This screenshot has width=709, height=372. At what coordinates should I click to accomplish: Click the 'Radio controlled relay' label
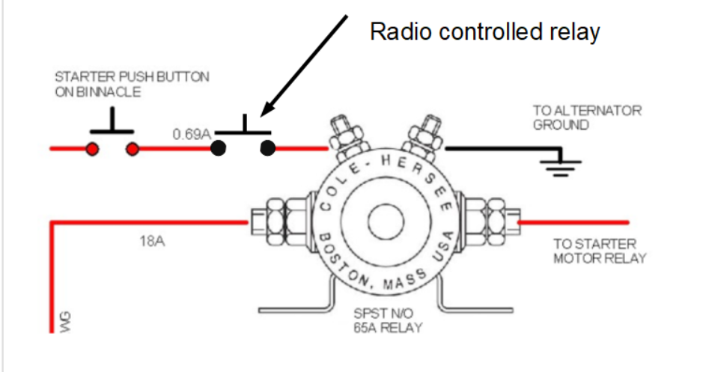pos(484,32)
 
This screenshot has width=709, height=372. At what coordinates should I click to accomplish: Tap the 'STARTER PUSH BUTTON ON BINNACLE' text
pos(132,84)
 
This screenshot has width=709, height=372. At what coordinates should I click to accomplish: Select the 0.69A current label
pos(192,134)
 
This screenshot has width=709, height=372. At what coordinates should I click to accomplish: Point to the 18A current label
pos(153,241)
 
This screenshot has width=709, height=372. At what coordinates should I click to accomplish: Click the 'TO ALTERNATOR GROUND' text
pos(587,118)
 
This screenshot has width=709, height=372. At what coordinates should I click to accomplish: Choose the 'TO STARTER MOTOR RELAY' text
pos(600,251)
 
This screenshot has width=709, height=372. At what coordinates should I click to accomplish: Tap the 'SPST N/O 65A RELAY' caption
pos(388,320)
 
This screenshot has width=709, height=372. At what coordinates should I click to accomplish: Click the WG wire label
pos(66,321)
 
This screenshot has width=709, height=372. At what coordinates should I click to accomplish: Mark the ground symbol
pos(561,165)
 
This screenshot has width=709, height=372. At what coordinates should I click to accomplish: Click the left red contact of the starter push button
pos(92,149)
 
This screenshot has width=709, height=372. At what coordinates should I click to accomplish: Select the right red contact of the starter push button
pos(132,149)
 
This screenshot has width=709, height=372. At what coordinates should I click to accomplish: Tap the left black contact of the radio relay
pos(219,148)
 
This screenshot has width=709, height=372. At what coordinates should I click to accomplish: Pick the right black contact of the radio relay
pos(268,148)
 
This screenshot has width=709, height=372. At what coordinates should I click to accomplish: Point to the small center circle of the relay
pos(386,222)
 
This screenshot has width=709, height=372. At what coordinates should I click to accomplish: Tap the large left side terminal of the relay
pos(282,222)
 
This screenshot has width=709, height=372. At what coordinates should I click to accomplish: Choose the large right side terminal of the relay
pos(489,222)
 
